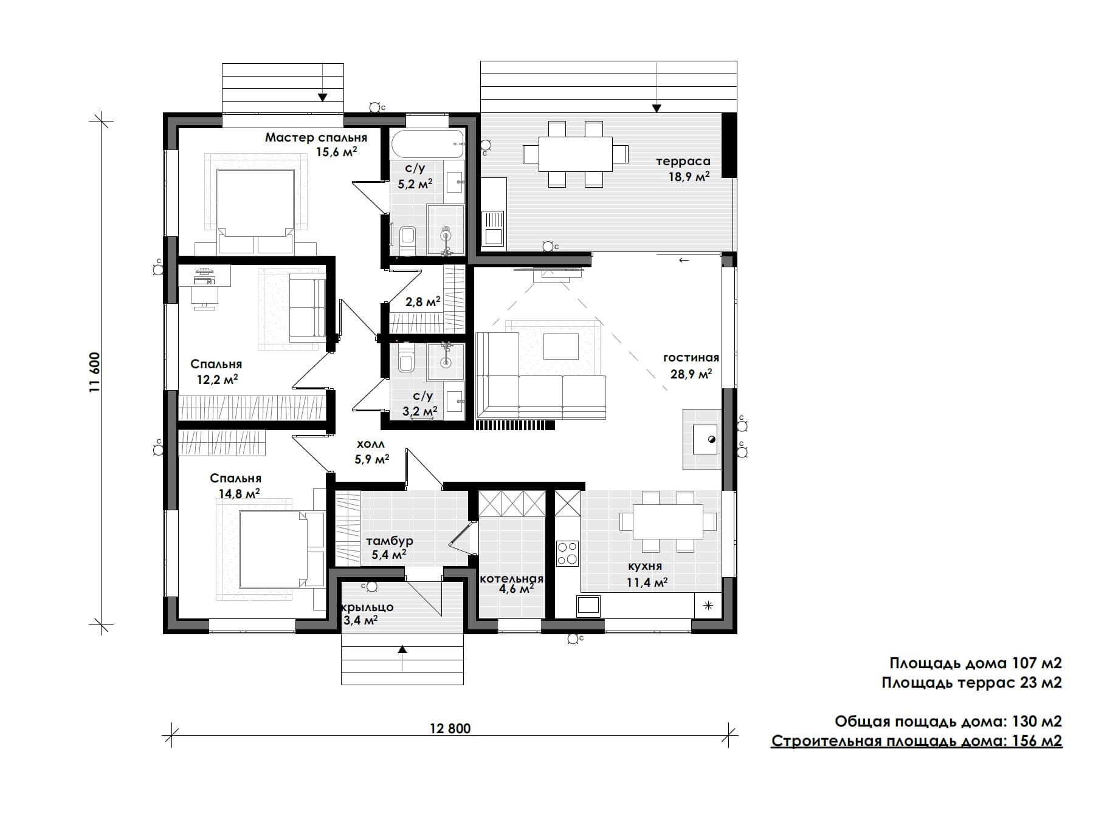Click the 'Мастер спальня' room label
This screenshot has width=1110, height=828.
[316, 138]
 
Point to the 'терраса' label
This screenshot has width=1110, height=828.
[683, 162]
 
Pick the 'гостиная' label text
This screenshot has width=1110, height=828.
[691, 358]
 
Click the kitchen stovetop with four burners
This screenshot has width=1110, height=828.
[567, 553]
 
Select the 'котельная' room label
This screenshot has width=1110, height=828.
[511, 579]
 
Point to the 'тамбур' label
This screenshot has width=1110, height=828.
[390, 541]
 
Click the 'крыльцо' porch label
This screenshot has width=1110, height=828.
[368, 607]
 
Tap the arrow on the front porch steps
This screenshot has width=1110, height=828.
[402, 659]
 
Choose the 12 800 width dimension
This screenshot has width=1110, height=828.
[450, 728]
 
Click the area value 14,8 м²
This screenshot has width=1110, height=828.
[239, 493]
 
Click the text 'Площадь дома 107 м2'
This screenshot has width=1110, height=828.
[976, 663]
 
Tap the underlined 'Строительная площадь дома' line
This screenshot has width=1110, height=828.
[917, 741]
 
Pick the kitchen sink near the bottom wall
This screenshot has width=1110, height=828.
[588, 605]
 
